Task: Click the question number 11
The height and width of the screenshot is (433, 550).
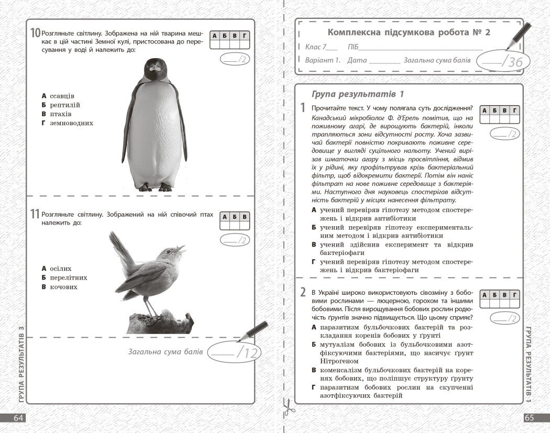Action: (35, 214)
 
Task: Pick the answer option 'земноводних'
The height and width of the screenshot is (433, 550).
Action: (71, 124)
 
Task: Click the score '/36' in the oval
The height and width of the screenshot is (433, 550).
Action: (512, 61)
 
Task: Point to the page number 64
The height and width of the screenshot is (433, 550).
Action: (19, 418)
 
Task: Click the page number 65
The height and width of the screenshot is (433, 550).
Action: (530, 418)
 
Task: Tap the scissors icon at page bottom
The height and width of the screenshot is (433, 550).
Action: (287, 407)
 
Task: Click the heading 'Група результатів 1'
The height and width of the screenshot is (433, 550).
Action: (358, 94)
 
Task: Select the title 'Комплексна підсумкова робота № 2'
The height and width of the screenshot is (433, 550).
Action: (409, 32)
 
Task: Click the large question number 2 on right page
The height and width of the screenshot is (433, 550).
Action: (303, 292)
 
